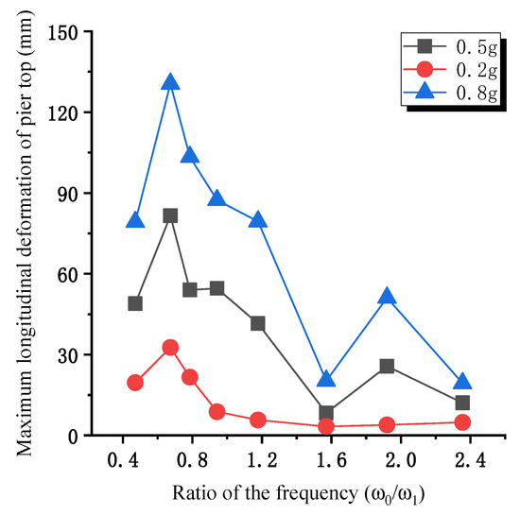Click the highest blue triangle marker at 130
[170, 83]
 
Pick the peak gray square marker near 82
[170, 215]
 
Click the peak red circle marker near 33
[170, 348]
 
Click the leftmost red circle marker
[135, 383]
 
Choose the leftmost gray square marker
[135, 303]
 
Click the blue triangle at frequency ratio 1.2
[258, 220]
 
